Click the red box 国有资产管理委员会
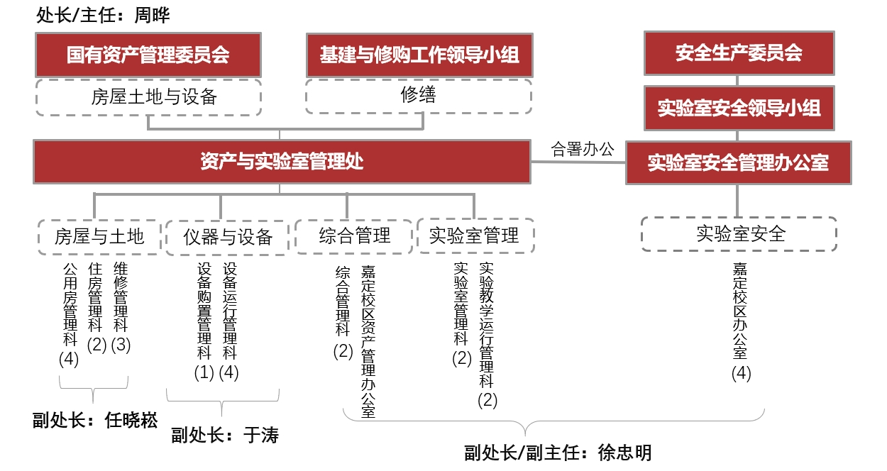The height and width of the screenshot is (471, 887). pyautogui.click(x=148, y=55)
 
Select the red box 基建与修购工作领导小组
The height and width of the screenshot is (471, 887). pyautogui.click(x=420, y=55)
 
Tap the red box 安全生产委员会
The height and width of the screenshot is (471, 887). pyautogui.click(x=739, y=53)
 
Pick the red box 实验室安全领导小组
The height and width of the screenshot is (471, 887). pyautogui.click(x=739, y=108)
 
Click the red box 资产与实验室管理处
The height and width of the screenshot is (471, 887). pyautogui.click(x=282, y=162)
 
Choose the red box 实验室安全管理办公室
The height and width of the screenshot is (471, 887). pyautogui.click(x=739, y=162)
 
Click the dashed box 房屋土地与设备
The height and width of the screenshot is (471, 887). pyautogui.click(x=148, y=97)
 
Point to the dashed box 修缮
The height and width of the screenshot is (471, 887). pyautogui.click(x=419, y=96)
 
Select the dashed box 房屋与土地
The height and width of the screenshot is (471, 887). pyautogui.click(x=99, y=237)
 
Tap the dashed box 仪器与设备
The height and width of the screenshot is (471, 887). pyautogui.click(x=227, y=238)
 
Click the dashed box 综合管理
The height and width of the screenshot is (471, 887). pyautogui.click(x=354, y=236)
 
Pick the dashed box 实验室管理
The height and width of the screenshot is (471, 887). pyautogui.click(x=476, y=236)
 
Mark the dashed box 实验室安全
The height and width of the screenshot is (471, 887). pyautogui.click(x=739, y=233)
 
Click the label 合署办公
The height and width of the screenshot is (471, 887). pyautogui.click(x=583, y=149)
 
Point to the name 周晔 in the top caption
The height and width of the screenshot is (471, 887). pyautogui.click(x=152, y=16)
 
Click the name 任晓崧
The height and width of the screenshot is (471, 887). pyautogui.click(x=131, y=420)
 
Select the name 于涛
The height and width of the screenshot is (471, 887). pyautogui.click(x=261, y=435)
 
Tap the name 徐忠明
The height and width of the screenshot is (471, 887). pyautogui.click(x=624, y=453)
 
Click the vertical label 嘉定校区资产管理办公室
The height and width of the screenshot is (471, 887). pyautogui.click(x=368, y=341)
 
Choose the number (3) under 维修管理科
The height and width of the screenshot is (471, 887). pyautogui.click(x=121, y=345)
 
